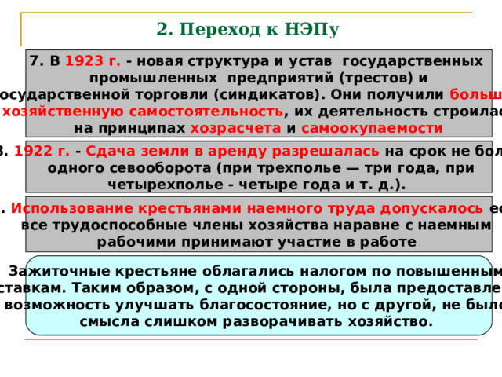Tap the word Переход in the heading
(x=209, y=30)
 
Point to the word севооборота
(x=151, y=167)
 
